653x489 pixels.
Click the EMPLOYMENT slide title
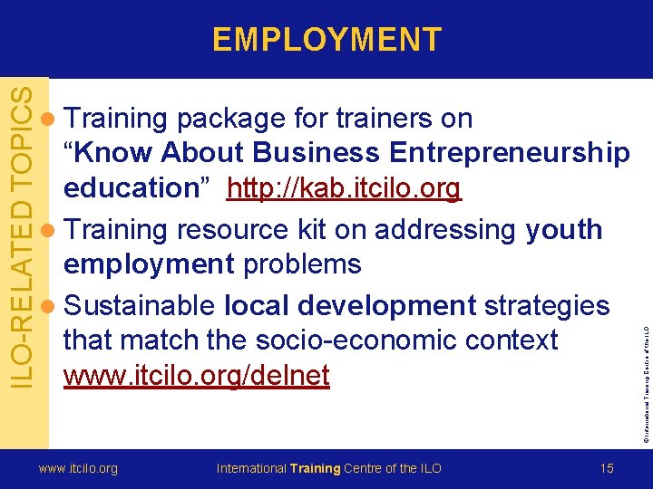[326, 39]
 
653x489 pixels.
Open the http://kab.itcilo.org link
[344, 188]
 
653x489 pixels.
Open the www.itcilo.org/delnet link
[196, 375]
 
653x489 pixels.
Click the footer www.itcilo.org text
[77, 468]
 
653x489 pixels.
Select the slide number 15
[607, 468]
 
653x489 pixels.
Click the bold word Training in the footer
[315, 468]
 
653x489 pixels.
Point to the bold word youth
[563, 230]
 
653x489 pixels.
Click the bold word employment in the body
[149, 264]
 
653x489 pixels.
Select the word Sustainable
[142, 304]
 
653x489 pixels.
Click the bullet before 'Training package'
[51, 119]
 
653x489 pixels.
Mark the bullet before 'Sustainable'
[51, 305]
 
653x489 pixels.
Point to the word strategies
[547, 304]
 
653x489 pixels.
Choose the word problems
[302, 264]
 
